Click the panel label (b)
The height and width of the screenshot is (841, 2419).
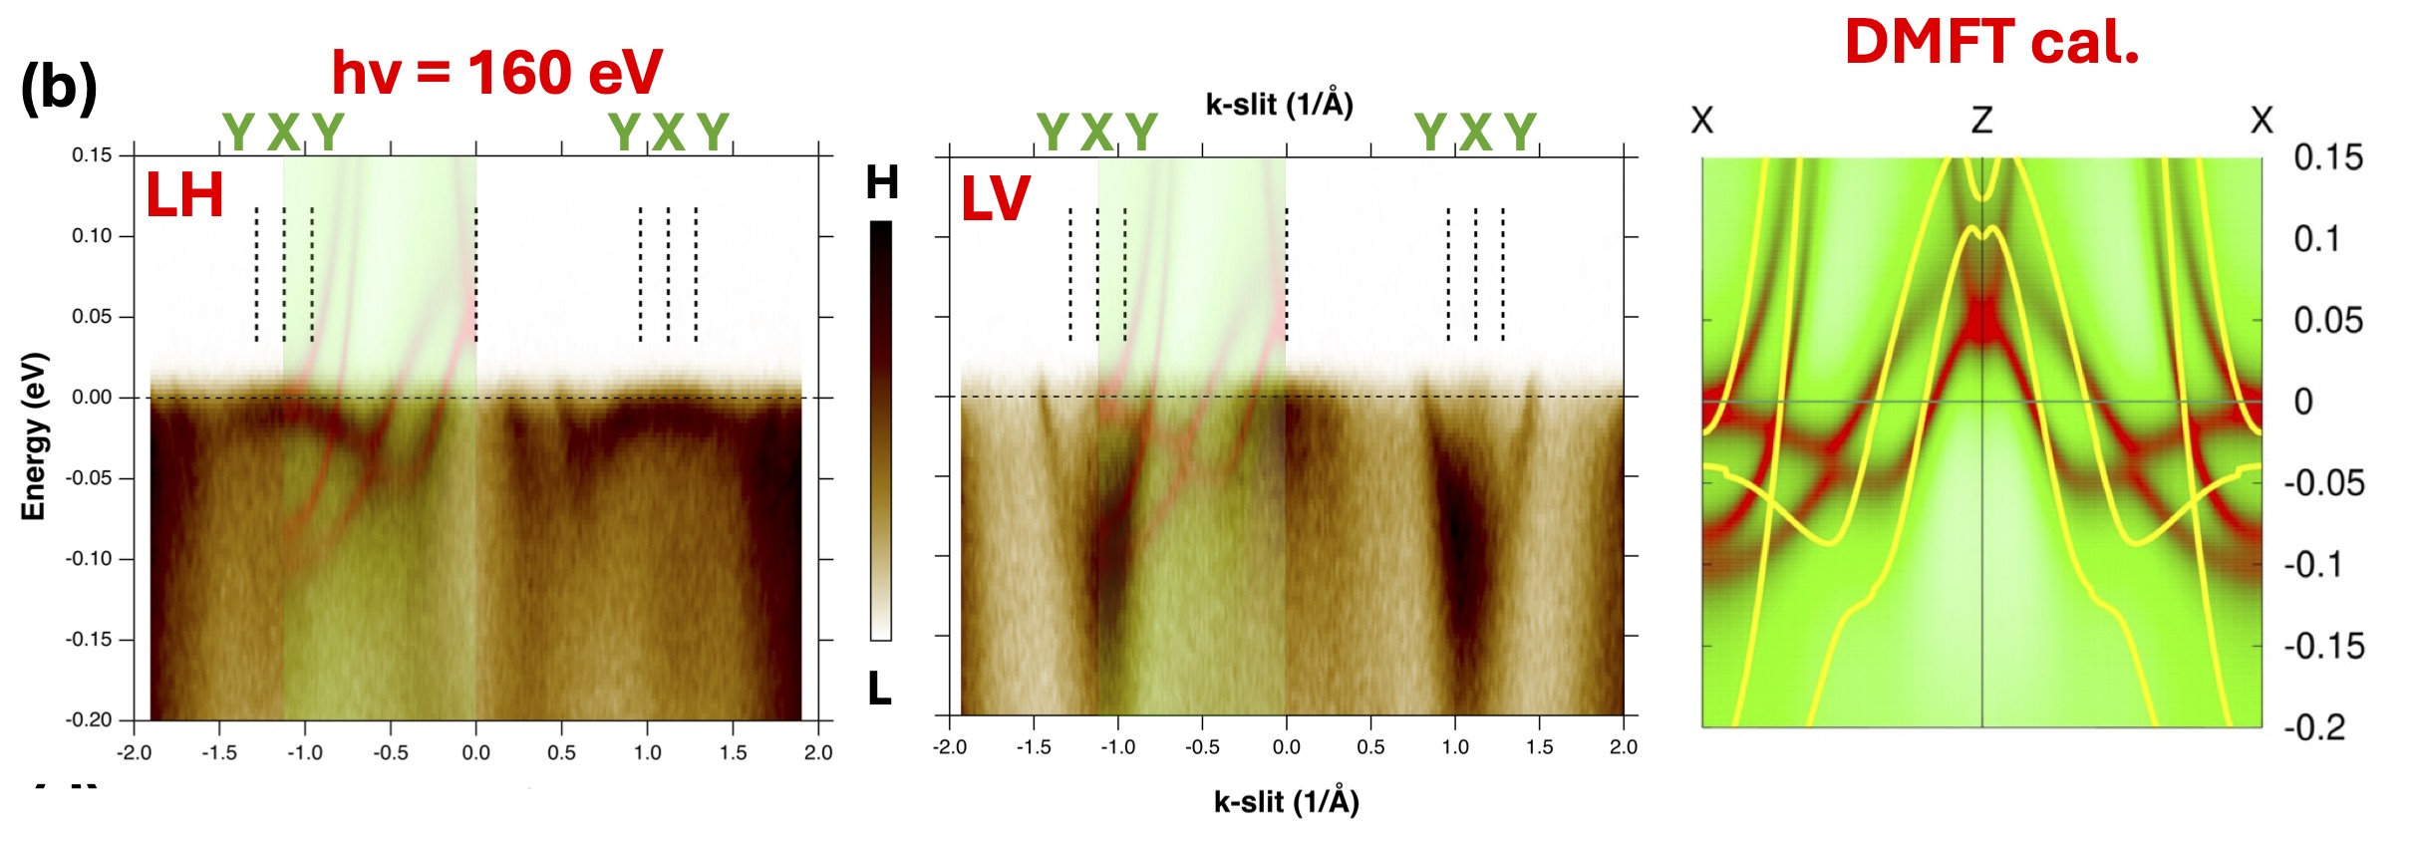[x=59, y=87]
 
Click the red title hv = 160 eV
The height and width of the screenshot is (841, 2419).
[x=496, y=73]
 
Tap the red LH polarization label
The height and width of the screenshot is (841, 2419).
[x=184, y=195]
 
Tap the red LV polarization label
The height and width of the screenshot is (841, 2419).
[x=995, y=198]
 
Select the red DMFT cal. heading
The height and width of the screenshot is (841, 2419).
[x=1991, y=43]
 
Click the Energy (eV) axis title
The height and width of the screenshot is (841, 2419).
[x=33, y=435]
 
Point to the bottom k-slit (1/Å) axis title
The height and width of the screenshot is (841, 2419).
[x=1286, y=801]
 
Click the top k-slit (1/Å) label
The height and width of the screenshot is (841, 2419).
[x=1279, y=104]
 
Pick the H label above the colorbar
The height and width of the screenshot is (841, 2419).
[x=882, y=182]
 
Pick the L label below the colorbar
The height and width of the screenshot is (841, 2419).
[x=879, y=688]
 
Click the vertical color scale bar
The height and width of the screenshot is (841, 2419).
[x=881, y=430]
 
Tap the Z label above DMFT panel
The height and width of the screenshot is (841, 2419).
[x=1981, y=121]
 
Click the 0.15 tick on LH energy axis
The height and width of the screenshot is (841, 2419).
[x=92, y=155]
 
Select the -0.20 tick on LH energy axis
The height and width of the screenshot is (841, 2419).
[x=89, y=719]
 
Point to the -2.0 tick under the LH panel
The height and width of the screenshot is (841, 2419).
[x=134, y=752]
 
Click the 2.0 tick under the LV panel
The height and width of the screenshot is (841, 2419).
[x=1623, y=747]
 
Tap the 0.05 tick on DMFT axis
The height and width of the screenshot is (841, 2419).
[x=2327, y=320]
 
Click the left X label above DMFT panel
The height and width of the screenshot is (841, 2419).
[x=1702, y=121]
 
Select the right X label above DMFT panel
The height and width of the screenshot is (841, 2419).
[x=2262, y=121]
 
